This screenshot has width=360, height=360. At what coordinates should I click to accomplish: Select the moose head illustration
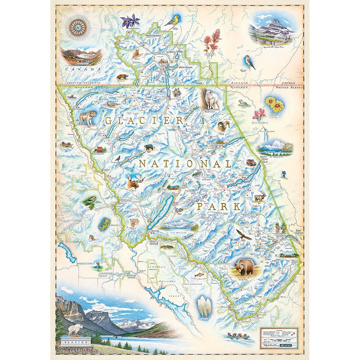pos(136,182)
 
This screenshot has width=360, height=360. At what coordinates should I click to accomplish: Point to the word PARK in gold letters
pos(218,206)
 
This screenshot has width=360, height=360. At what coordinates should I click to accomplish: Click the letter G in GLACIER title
pos(109,121)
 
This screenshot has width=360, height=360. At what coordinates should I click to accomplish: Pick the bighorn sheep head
pos(223,126)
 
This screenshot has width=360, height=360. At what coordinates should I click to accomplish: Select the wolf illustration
pos(86,117)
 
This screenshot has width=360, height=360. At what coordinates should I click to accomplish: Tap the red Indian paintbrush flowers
pos(212,40)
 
